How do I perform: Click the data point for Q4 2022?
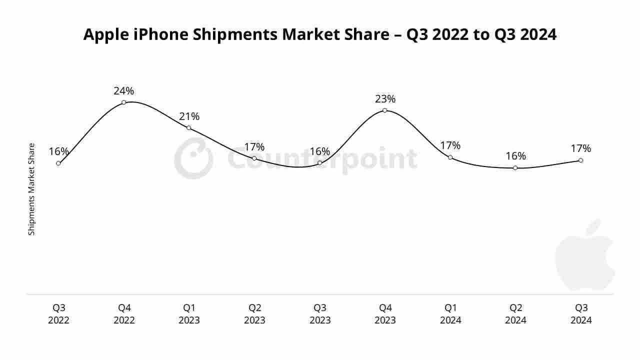(x=123, y=102)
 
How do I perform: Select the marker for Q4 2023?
(x=384, y=110)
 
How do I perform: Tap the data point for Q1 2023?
(x=188, y=128)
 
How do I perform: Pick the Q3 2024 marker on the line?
(x=580, y=160)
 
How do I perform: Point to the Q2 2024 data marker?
(x=515, y=168)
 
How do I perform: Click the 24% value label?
(x=123, y=91)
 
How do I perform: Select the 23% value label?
(x=385, y=99)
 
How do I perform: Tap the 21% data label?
(x=189, y=116)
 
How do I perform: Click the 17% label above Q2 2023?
(x=254, y=147)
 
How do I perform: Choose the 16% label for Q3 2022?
(x=58, y=151)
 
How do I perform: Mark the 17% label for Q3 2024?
(x=580, y=148)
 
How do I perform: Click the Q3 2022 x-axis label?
(x=58, y=314)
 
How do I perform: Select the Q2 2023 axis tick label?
(x=254, y=314)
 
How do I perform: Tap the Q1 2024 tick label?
(x=450, y=314)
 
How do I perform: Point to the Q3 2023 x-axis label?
(x=320, y=314)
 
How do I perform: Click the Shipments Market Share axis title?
(x=31, y=189)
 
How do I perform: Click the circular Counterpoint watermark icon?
(x=193, y=159)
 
